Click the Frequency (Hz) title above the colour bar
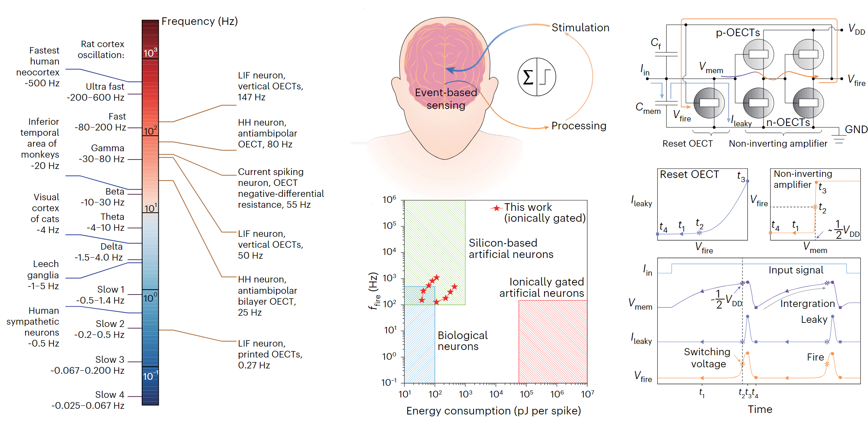pyautogui.click(x=199, y=21)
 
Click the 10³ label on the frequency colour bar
pyautogui.click(x=150, y=53)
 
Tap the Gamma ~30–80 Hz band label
pyautogui.click(x=102, y=153)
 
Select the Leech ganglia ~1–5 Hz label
pyautogui.click(x=43, y=275)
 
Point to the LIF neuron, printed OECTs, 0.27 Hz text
pyautogui.click(x=270, y=354)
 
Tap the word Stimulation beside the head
pyautogui.click(x=580, y=28)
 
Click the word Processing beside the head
pyautogui.click(x=579, y=126)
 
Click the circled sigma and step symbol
pyautogui.click(x=537, y=77)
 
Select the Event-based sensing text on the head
pyautogui.click(x=446, y=99)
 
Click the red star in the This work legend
pyautogui.click(x=497, y=208)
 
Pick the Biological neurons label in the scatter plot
pyautogui.click(x=462, y=341)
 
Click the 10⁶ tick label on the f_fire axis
pyautogui.click(x=389, y=199)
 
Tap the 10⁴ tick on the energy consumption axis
pyautogui.click(x=496, y=394)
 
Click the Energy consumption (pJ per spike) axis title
pyautogui.click(x=493, y=411)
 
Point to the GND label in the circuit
pyautogui.click(x=856, y=130)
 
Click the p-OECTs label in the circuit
pyautogui.click(x=738, y=33)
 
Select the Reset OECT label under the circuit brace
pyautogui.click(x=687, y=144)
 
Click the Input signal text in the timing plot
pyautogui.click(x=796, y=270)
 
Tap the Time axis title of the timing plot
pyautogui.click(x=760, y=410)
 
